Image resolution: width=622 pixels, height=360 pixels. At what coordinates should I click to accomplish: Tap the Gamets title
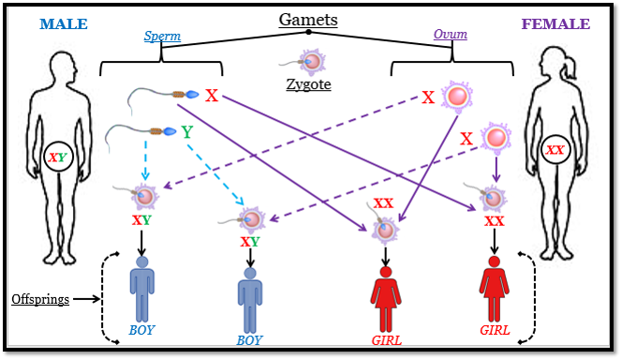tap(307, 19)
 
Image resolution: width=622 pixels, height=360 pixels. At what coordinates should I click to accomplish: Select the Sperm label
tap(162, 36)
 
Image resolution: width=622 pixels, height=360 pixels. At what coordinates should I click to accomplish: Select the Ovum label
tap(450, 35)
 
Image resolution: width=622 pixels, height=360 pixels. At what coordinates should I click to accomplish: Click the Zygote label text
tap(309, 85)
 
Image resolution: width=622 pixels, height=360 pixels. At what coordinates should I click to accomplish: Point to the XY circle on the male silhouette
tap(57, 157)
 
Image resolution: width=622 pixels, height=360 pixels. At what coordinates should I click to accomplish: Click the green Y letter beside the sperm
tap(186, 132)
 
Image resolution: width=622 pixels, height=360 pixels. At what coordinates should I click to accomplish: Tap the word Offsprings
tap(40, 300)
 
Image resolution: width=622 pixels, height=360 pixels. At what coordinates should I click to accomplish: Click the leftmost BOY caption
tap(142, 330)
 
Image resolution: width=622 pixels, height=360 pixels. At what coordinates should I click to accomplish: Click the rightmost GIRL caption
tap(495, 331)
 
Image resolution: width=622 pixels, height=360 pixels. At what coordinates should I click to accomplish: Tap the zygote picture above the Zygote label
tap(313, 62)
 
